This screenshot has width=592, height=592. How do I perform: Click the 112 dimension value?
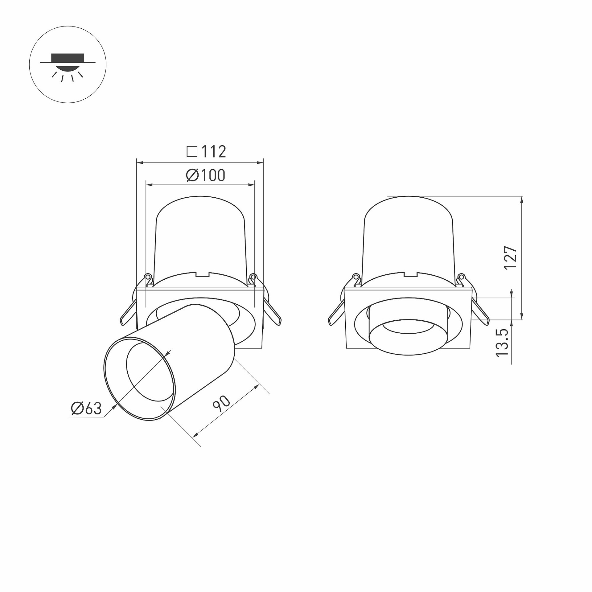point(214,151)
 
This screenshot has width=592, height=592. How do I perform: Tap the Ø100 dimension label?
point(206,175)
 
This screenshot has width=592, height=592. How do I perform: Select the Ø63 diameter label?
point(86,409)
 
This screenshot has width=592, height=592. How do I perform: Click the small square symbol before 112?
point(192,151)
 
